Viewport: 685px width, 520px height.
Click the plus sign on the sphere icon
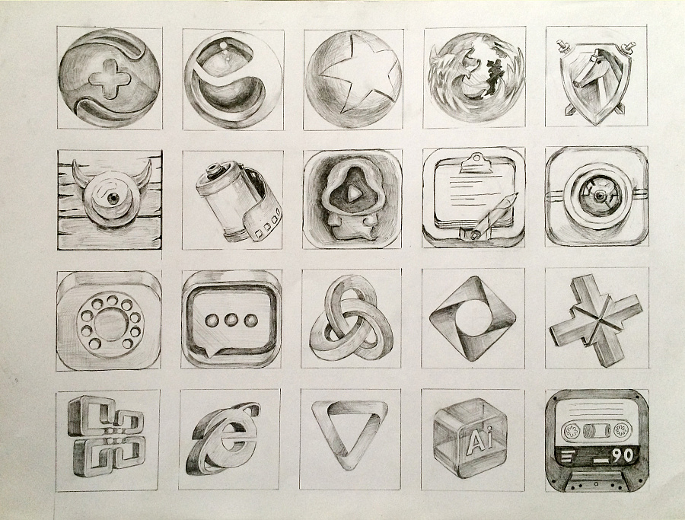[x=109, y=78]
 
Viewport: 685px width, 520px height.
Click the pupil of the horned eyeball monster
[x=113, y=198]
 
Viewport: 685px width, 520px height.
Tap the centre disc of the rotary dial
[x=110, y=324]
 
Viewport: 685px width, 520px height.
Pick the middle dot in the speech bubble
[x=231, y=321]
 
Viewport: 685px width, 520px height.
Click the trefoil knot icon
[x=351, y=318]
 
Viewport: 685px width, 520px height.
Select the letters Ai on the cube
[x=479, y=442]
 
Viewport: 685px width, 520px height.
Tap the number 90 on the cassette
[x=623, y=456]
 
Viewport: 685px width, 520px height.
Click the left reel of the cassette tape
[x=571, y=431]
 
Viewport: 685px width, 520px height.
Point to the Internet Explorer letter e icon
[x=223, y=439]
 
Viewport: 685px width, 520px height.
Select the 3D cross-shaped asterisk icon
[x=596, y=320]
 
